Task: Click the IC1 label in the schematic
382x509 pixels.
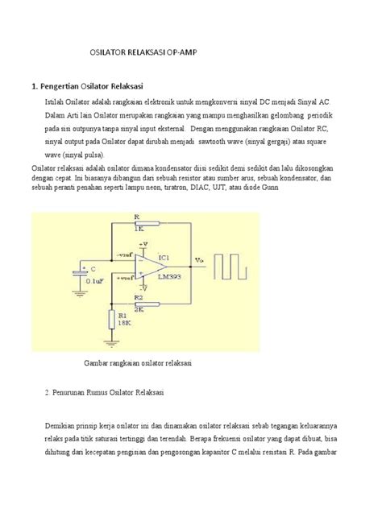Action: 164,258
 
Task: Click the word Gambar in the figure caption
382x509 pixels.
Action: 98,364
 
